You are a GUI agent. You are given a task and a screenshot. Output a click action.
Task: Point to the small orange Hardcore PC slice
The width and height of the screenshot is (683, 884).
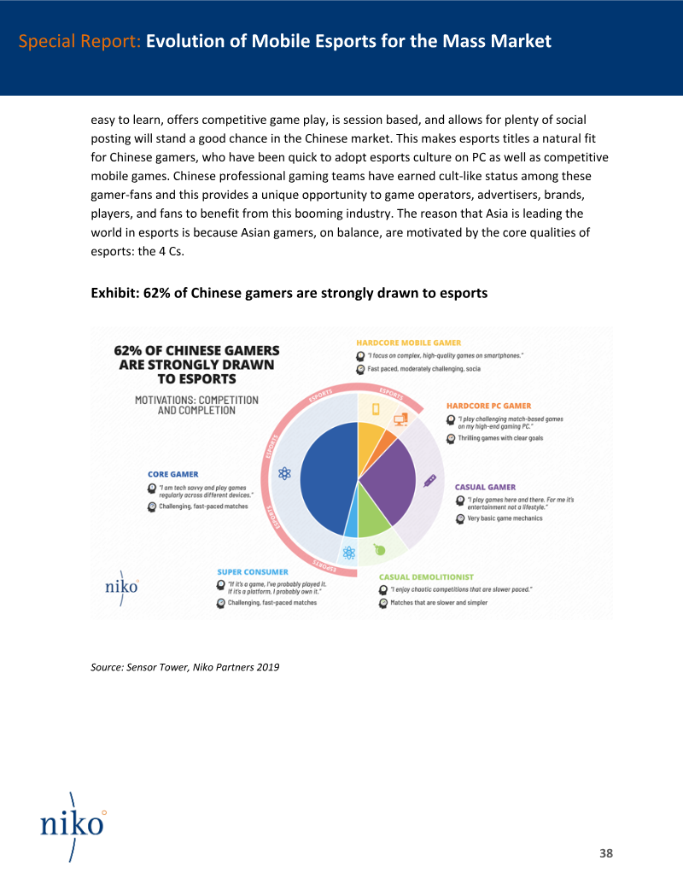coord(388,439)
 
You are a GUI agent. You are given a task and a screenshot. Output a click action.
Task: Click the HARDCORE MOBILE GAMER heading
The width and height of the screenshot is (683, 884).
coord(408,343)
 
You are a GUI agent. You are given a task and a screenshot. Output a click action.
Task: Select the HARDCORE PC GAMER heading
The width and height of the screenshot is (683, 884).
coord(488,406)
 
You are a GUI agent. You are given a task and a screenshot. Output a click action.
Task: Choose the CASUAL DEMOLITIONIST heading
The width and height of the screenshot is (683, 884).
coord(426,577)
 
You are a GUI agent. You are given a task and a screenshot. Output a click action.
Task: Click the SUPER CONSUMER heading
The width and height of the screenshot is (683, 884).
coord(252,571)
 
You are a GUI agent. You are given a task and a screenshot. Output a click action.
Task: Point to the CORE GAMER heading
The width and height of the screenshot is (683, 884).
coord(173,474)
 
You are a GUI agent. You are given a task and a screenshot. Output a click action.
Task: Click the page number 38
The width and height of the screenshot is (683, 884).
coord(606,853)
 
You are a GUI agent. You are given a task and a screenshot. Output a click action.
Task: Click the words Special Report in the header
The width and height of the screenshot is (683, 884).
coord(79,41)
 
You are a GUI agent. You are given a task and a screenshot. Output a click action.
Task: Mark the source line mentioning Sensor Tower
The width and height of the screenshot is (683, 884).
coord(184,667)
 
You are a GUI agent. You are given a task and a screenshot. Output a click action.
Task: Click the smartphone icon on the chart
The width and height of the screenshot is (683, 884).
coord(375,407)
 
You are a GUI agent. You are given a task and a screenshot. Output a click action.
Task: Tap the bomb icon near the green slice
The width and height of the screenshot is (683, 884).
coord(379,549)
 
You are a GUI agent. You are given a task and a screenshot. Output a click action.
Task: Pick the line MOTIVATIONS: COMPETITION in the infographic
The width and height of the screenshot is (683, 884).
coord(196,400)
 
